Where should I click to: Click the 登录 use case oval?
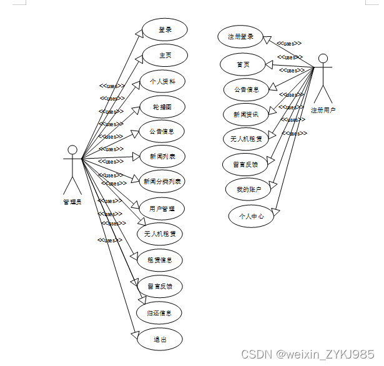click(165, 29)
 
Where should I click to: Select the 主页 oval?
click(165, 56)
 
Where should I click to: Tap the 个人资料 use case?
click(162, 82)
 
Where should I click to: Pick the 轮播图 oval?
click(162, 107)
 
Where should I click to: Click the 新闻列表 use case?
click(162, 156)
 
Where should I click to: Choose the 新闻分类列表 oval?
click(162, 182)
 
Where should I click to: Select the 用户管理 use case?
click(162, 209)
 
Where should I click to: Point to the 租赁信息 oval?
click(160, 260)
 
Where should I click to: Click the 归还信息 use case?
click(160, 312)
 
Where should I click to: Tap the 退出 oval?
click(160, 339)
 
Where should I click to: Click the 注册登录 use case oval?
click(240, 37)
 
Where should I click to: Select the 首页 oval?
click(243, 64)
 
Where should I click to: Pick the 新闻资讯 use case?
click(246, 114)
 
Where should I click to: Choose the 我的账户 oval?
click(249, 189)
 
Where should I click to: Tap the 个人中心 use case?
click(251, 217)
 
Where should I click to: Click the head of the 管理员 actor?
click(72, 150)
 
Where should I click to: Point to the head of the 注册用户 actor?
click(323, 59)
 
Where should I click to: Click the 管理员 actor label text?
click(72, 202)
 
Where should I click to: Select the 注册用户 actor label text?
click(323, 110)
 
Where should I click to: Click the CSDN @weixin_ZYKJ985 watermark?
click(307, 354)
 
